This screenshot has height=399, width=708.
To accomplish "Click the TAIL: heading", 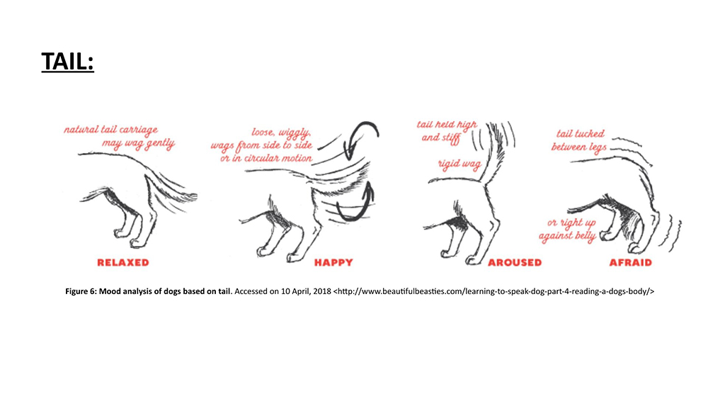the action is (x=68, y=62).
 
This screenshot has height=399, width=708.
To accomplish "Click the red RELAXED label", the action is (x=122, y=262).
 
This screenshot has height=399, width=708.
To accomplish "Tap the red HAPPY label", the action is (x=333, y=262).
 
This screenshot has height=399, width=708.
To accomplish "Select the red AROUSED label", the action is (x=515, y=262).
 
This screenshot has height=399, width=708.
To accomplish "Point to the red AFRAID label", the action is (x=631, y=262).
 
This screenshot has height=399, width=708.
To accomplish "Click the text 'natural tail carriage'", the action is (x=110, y=130).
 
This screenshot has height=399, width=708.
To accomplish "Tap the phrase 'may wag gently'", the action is (x=138, y=144).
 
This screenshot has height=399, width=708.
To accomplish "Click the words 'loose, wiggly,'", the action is (x=281, y=133).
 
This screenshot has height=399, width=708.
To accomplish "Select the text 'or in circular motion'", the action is (x=266, y=158).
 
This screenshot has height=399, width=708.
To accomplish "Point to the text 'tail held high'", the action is (x=447, y=124).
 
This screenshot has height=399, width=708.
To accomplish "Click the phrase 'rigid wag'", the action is (x=459, y=164).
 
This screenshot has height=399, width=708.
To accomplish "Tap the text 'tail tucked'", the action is (x=581, y=134).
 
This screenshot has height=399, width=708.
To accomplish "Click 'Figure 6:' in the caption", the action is (x=81, y=291).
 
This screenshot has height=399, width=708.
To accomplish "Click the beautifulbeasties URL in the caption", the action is (x=493, y=291).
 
